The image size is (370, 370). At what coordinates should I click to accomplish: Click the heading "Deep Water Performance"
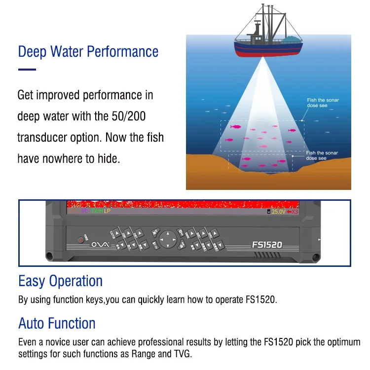coord(88,52)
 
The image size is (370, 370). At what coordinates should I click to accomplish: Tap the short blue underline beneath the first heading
coord(27,70)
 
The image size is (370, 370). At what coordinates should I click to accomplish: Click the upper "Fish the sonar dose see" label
coord(323,103)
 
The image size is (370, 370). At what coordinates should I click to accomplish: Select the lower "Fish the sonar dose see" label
coord(322,155)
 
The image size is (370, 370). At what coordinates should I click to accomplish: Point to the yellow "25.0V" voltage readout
coord(278,212)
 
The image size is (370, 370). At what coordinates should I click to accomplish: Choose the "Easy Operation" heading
coord(60,281)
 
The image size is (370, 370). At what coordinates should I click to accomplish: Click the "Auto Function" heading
coord(57,324)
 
